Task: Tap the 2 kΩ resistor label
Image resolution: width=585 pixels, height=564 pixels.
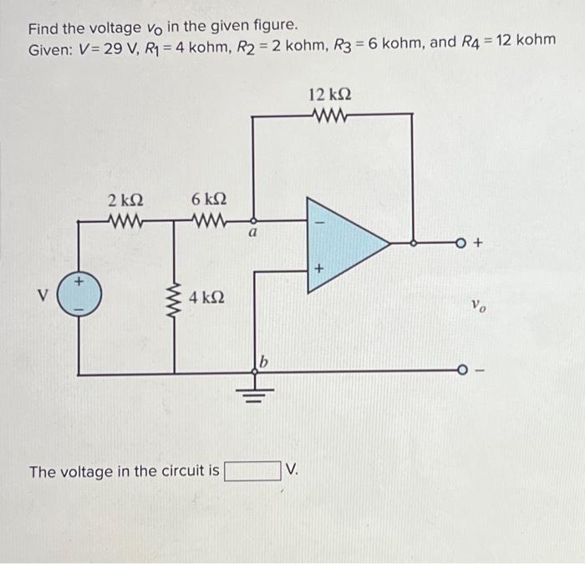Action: point(125,201)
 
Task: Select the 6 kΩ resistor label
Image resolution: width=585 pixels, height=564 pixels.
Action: point(208,201)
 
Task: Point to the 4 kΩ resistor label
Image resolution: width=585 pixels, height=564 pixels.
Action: point(206,297)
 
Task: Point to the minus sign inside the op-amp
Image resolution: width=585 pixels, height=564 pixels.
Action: point(318,221)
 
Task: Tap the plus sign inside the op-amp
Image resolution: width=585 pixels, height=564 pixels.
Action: point(318,269)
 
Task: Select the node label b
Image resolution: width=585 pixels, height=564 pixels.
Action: point(265,362)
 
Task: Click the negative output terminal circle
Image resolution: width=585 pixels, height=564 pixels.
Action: point(460,370)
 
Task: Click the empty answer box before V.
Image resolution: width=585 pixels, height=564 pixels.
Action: point(252,471)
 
